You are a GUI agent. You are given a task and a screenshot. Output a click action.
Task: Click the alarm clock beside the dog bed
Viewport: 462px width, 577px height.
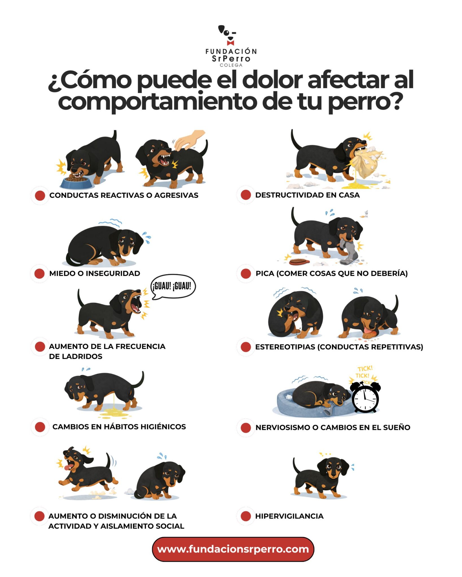[x=365, y=397]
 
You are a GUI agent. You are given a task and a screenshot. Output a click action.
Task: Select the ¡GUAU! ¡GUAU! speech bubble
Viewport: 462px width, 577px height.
[x=173, y=287]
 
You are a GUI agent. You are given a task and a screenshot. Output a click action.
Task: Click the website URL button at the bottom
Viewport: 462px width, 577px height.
[x=233, y=549]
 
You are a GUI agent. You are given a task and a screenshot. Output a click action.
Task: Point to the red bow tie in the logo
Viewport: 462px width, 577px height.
[x=230, y=43]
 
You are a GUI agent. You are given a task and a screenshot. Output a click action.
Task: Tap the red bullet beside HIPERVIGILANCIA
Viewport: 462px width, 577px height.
[x=246, y=516]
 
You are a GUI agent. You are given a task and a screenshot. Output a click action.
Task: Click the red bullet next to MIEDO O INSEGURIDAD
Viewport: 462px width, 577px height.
[x=39, y=273]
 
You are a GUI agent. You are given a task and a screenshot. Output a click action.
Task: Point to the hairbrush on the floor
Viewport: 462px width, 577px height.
[x=300, y=262]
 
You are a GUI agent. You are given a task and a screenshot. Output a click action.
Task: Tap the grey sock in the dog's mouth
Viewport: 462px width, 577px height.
[x=349, y=251]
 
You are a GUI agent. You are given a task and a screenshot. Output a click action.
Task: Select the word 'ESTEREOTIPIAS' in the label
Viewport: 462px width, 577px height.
[x=285, y=347]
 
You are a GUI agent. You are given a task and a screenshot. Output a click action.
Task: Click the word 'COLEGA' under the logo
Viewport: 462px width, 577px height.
[x=231, y=65]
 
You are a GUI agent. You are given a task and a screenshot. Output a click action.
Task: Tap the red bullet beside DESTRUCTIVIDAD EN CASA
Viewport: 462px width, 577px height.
[x=246, y=195]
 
